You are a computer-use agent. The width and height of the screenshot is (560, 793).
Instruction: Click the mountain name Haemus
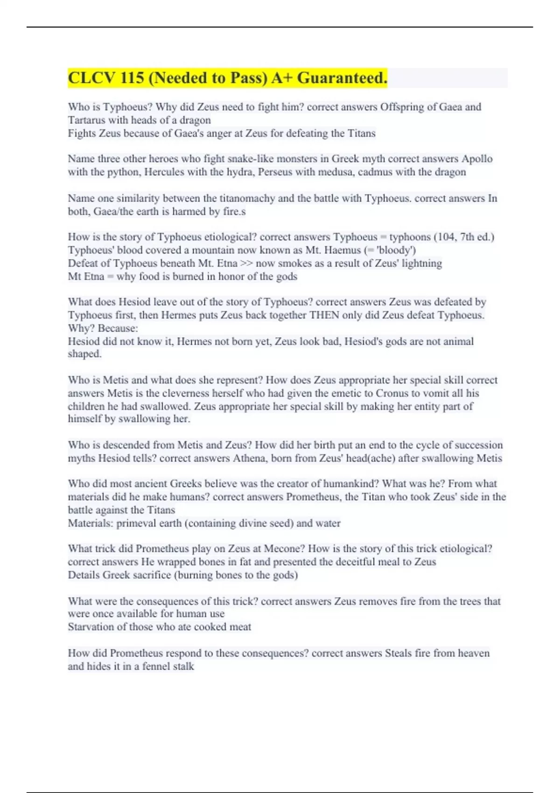(x=344, y=250)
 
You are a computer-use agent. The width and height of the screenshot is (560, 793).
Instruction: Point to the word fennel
(x=153, y=667)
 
